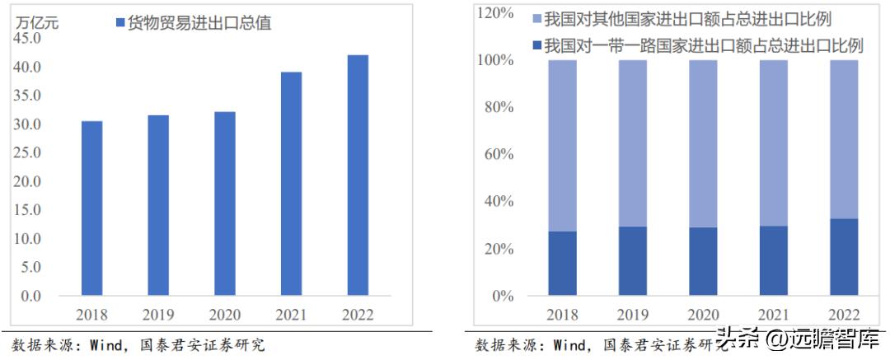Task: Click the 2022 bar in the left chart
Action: pyautogui.click(x=357, y=175)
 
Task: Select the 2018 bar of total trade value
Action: pyautogui.click(x=91, y=208)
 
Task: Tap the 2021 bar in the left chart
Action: pyautogui.click(x=291, y=183)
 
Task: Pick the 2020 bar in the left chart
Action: pyautogui.click(x=224, y=203)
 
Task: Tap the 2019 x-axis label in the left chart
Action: pyautogui.click(x=157, y=315)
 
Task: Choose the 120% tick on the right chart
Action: pyautogui.click(x=494, y=13)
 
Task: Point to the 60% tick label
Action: pyautogui.click(x=498, y=154)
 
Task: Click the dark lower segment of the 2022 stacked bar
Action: pyautogui.click(x=843, y=257)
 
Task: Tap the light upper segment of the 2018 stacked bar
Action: pyautogui.click(x=562, y=145)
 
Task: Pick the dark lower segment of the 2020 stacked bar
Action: pyautogui.click(x=703, y=261)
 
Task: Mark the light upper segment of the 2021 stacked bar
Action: pyautogui.click(x=773, y=143)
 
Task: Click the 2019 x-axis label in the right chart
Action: pyautogui.click(x=632, y=315)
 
